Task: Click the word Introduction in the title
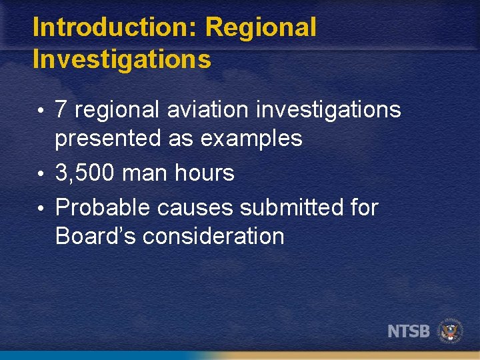pos(115,28)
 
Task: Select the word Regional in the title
pos(261,28)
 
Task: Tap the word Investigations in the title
pos(121,59)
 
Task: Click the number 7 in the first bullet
pos(61,109)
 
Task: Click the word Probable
pos(103,208)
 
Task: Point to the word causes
pos(195,208)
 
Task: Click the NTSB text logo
pos(409,331)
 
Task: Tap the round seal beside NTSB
pos(451,331)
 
